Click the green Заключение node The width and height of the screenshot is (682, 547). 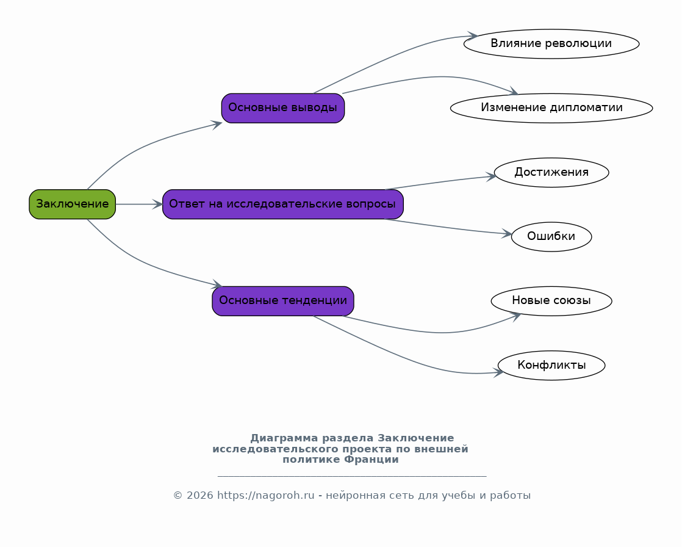pos(72,204)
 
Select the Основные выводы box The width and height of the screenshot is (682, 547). pos(282,108)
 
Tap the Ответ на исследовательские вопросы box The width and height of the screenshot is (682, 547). pos(282,204)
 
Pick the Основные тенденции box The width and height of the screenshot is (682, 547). pos(282,301)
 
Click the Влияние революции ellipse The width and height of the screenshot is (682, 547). pos(551,43)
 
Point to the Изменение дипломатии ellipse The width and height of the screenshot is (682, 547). pos(551,108)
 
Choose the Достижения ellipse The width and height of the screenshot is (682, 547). pos(551,172)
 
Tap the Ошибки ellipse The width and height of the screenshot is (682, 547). pos(551,237)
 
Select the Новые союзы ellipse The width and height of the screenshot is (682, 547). pos(551,301)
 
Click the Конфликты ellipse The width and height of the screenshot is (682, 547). pos(551,365)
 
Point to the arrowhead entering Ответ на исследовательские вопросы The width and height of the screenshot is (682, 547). pos(157,204)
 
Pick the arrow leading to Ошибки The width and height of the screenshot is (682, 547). pos(448,228)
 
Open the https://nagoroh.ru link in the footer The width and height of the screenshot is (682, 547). pos(265,496)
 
